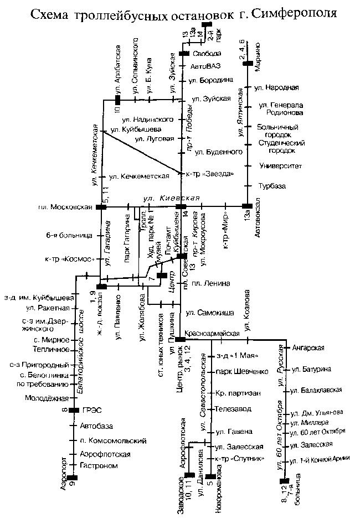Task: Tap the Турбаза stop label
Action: (272, 186)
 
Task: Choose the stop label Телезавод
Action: (233, 409)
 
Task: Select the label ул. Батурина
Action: (311, 369)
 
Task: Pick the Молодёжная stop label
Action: (46, 398)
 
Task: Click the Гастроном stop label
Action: (99, 466)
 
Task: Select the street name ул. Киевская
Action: (163, 198)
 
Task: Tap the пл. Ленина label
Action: (212, 284)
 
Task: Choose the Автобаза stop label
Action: (96, 426)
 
